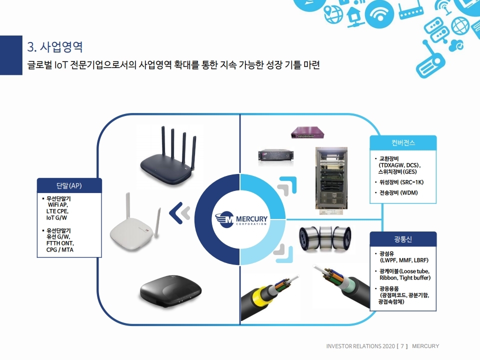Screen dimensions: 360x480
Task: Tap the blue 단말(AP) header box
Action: (x=69, y=185)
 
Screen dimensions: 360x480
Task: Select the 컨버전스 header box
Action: (x=403, y=142)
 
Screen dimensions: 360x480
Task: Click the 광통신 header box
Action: (x=403, y=238)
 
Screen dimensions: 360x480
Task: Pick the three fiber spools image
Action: (x=325, y=239)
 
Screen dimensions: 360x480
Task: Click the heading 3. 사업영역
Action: (x=55, y=47)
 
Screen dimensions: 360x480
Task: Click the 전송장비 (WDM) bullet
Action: (x=398, y=192)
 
